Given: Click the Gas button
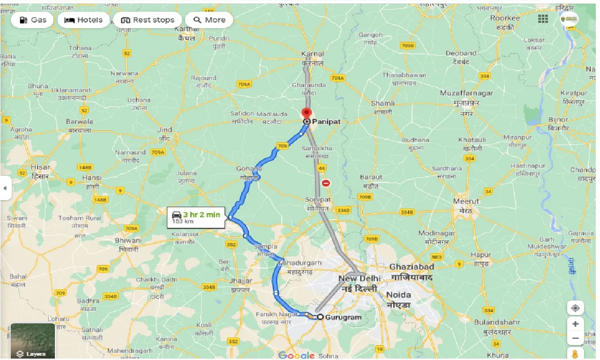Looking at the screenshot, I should (33, 20).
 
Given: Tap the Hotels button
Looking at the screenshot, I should (83, 20).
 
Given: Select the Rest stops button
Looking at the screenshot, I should (148, 20).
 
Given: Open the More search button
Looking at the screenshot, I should (209, 20).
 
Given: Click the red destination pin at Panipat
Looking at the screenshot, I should (307, 113).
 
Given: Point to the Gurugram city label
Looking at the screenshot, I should (344, 317).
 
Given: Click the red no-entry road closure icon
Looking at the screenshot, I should (326, 183).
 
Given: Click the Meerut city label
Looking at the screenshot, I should (466, 202).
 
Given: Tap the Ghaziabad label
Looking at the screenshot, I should (412, 267).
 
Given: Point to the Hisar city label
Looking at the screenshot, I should (40, 167).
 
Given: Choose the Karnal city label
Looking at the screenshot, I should (313, 54).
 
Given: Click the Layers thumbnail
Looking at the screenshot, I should (32, 341).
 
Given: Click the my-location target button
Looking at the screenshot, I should (575, 308).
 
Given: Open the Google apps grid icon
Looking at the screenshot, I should (543, 19).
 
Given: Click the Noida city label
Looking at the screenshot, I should (398, 295).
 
